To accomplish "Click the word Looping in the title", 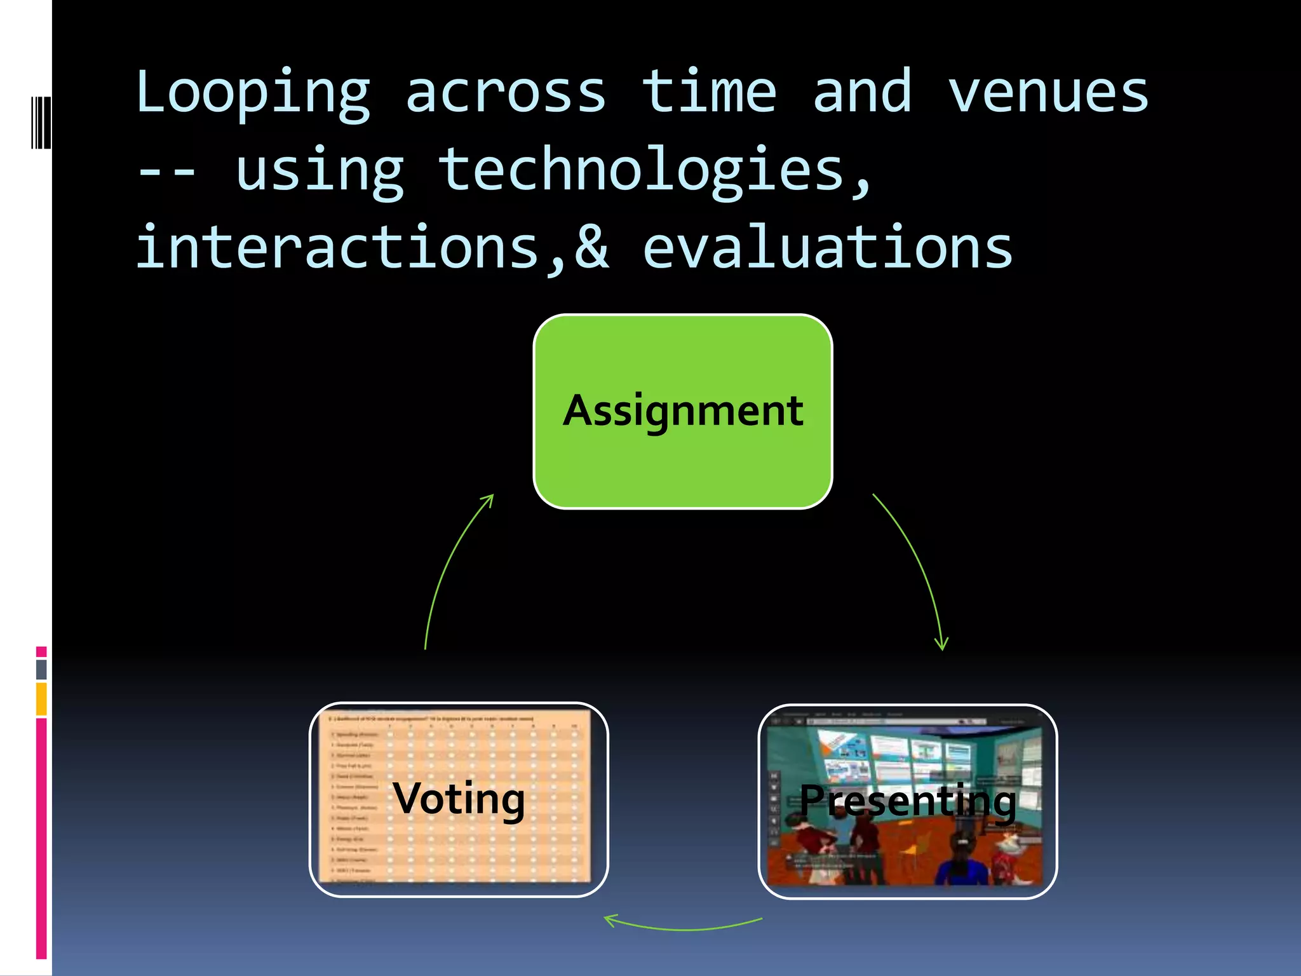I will pos(253,94).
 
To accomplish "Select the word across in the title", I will pos(505,94).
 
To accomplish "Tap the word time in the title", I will pos(708,93).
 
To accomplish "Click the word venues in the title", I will pos(1048,94).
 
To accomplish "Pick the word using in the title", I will pos(320,172).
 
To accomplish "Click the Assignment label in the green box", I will pos(683,411).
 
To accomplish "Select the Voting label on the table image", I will pos(459,799).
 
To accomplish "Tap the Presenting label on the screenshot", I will pos(907,801).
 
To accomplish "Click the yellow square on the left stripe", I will pos(41,699).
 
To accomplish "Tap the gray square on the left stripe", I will pos(41,669).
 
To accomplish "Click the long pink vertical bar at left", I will pos(41,839).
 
